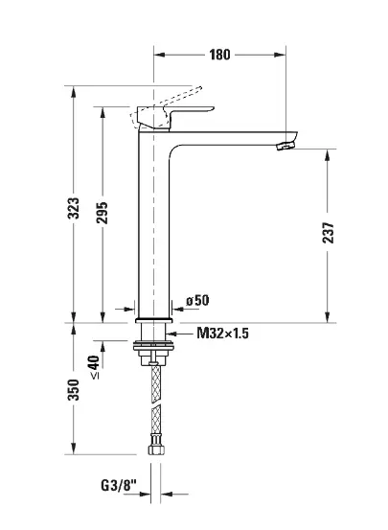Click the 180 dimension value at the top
pos(219,55)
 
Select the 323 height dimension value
pos(74,208)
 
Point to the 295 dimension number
pos(102,213)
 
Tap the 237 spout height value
pos(328,233)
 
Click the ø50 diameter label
pos(197,300)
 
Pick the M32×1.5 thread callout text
pos(222,334)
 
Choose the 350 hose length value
pos(74,390)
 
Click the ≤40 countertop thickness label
pos(94,367)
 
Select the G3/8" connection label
pos(118,486)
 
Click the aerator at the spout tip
pos(285,146)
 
